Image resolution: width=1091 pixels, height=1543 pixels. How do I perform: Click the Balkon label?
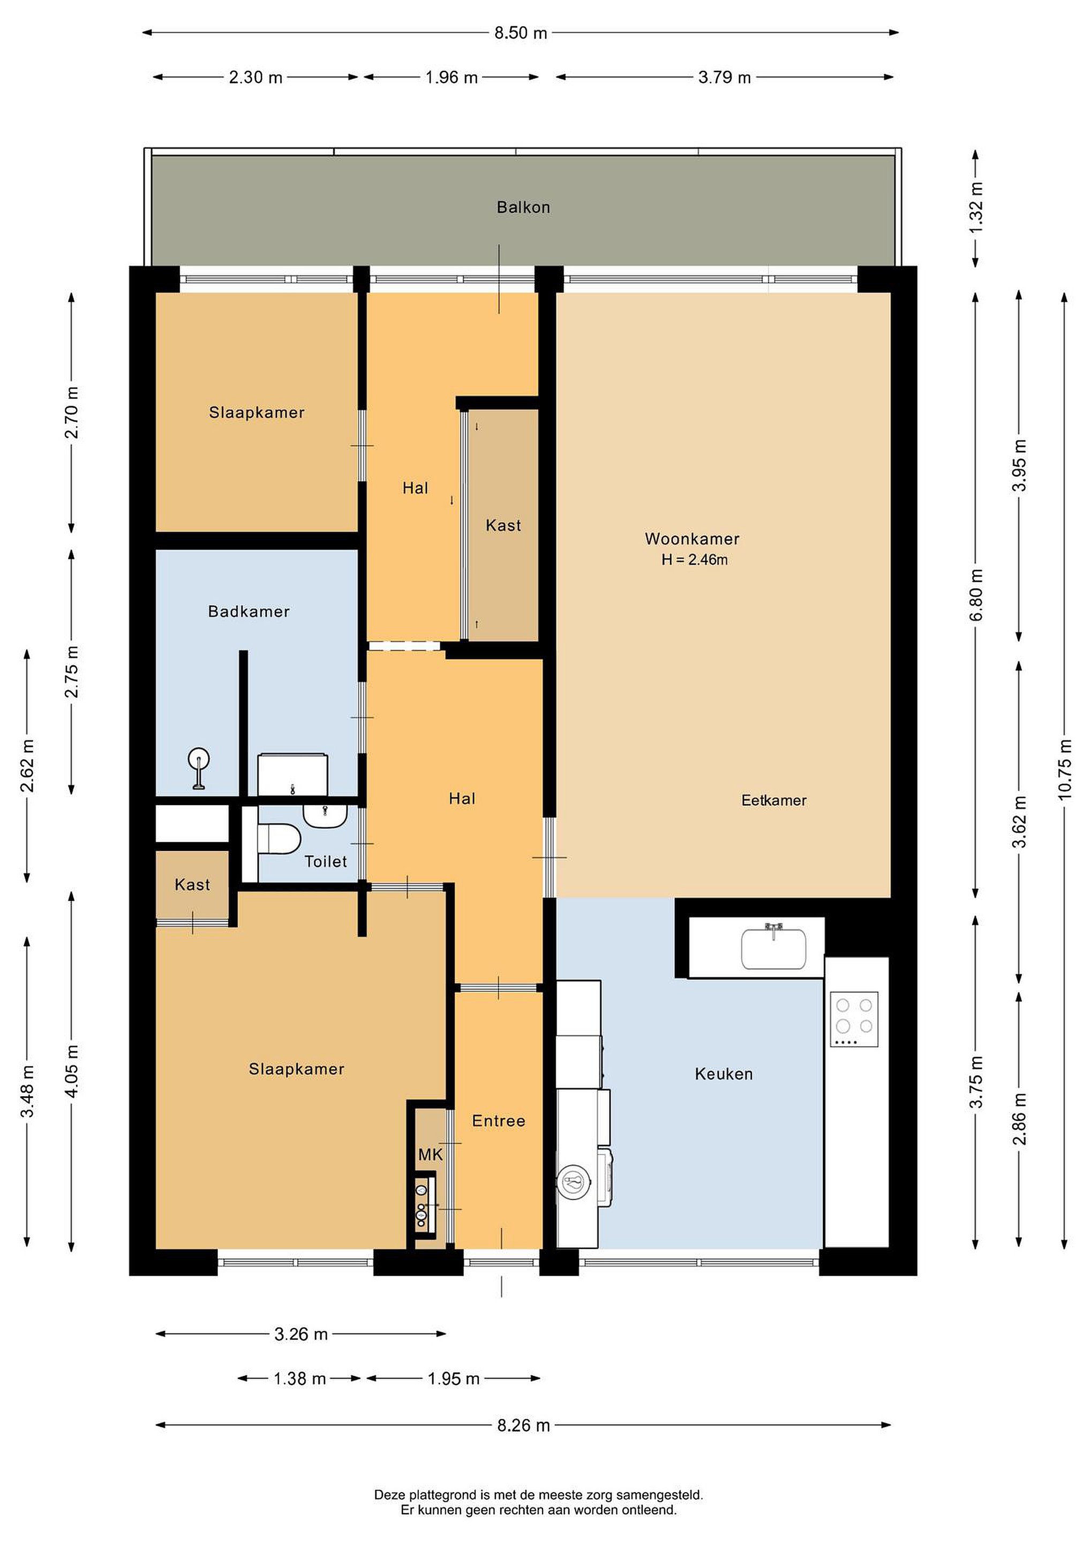523,207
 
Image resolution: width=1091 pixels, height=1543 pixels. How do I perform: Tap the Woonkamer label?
692,538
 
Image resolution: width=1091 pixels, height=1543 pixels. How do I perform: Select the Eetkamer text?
774,800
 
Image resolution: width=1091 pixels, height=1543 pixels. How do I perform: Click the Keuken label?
724,1073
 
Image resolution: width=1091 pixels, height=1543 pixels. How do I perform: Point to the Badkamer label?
249,611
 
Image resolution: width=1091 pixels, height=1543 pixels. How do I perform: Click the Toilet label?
326,861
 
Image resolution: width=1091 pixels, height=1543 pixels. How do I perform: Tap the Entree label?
499,1120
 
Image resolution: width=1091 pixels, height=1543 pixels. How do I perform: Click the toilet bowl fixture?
279,838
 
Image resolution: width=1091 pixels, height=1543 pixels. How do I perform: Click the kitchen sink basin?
773,948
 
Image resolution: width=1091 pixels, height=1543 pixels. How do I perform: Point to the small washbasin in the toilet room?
325,815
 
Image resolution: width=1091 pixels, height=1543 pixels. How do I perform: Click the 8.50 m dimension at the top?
521,32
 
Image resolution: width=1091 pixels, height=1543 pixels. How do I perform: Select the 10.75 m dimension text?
1065,769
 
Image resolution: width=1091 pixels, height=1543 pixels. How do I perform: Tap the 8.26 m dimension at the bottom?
523,1425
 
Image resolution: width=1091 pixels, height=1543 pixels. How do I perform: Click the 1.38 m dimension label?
299,1379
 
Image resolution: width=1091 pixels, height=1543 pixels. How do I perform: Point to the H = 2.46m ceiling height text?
695,559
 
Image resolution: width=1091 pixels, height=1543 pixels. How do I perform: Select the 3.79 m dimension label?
724,77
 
